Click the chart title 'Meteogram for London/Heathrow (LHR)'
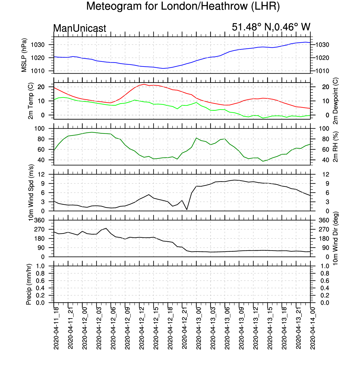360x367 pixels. point(183,6)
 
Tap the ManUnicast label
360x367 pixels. point(80,28)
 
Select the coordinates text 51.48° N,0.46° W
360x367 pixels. point(271,27)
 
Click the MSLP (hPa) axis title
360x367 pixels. point(24,55)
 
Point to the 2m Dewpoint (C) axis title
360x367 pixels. point(335,101)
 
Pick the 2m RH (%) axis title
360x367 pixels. point(335,147)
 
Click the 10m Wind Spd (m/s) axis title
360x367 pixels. point(31,193)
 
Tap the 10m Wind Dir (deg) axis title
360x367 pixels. point(335,238)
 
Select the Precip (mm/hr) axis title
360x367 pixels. point(29,284)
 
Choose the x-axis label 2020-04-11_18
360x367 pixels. point(56,328)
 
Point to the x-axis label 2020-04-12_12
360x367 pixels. point(142,328)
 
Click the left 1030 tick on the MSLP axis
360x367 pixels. point(38,45)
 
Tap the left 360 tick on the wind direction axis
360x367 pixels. point(40,220)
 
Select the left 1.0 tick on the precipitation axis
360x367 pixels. point(40,266)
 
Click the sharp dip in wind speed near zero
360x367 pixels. point(187,210)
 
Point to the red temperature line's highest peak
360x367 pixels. point(144,84)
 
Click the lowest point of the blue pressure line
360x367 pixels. point(163,68)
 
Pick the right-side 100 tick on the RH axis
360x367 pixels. point(324,129)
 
